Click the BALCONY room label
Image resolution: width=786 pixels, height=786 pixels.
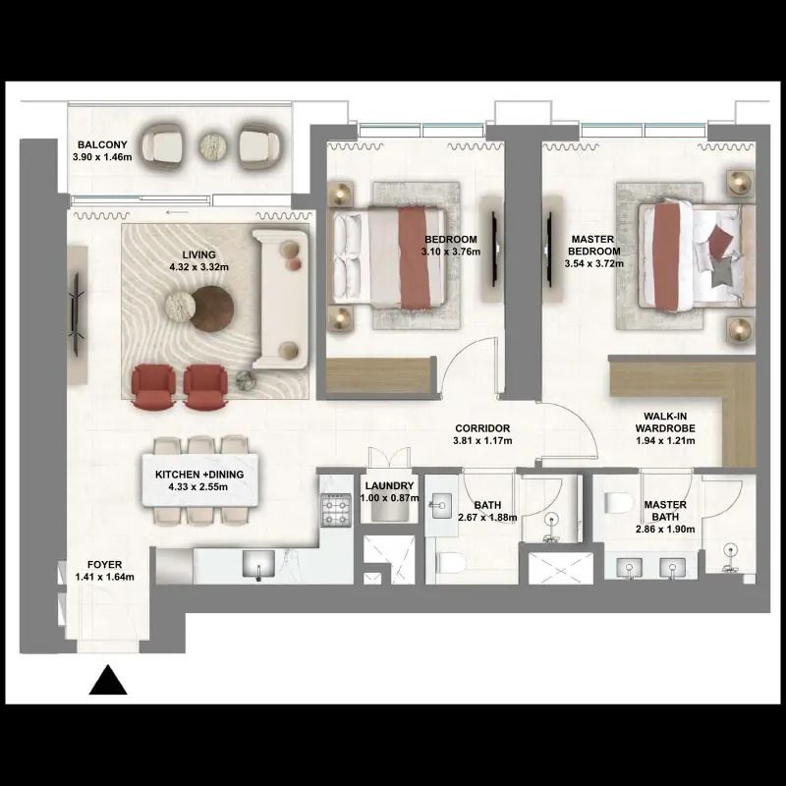click(x=102, y=144)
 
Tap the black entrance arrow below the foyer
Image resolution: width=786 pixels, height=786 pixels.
click(x=108, y=680)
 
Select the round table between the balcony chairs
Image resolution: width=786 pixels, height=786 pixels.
click(x=213, y=146)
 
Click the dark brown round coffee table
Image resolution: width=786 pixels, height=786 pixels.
click(x=212, y=309)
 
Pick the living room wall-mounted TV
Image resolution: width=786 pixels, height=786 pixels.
click(x=77, y=314)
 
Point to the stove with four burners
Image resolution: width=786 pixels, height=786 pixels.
click(x=336, y=510)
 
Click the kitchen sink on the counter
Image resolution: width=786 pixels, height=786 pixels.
click(x=258, y=564)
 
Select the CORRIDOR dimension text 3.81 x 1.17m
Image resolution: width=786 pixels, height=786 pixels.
click(x=482, y=441)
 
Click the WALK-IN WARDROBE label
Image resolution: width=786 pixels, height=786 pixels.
click(x=665, y=422)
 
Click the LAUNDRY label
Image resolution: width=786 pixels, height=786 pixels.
click(x=389, y=485)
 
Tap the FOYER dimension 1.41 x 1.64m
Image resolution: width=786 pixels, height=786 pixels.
click(x=105, y=577)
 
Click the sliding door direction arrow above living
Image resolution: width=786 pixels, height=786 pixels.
click(x=177, y=212)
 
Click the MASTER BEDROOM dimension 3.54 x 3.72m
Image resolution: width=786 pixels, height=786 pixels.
click(x=594, y=263)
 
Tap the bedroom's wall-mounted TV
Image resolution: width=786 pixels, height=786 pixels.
click(x=495, y=249)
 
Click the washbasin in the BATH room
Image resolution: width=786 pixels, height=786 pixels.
click(x=440, y=505)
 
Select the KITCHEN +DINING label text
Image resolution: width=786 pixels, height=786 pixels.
click(x=199, y=475)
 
